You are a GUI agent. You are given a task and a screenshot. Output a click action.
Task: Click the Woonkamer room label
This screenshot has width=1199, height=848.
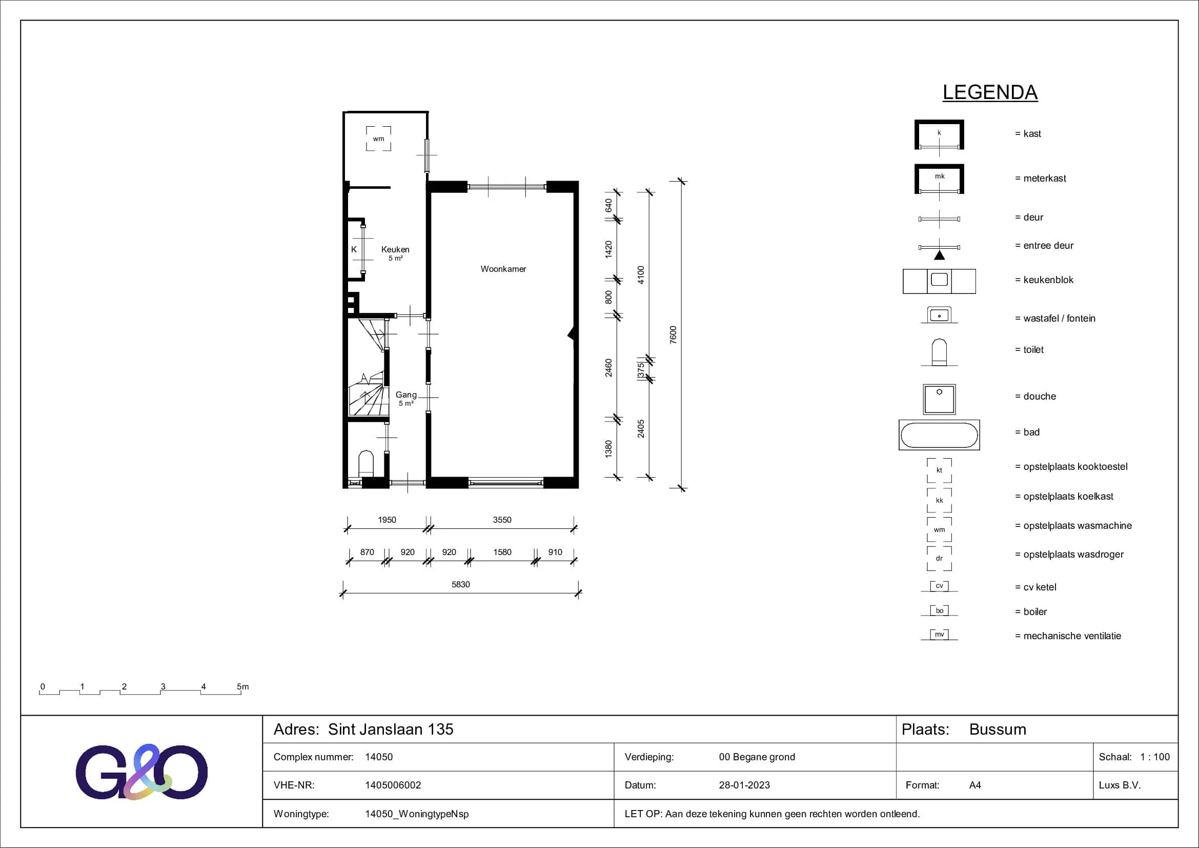503,269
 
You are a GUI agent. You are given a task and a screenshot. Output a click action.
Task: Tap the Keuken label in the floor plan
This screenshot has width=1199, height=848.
395,250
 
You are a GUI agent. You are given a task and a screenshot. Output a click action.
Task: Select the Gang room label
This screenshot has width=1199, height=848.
406,395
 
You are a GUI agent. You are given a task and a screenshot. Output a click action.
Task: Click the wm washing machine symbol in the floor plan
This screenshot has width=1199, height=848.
379,139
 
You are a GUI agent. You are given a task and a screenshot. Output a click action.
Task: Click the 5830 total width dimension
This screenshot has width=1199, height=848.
461,585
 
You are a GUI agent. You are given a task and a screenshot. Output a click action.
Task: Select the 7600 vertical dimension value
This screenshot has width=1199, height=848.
673,334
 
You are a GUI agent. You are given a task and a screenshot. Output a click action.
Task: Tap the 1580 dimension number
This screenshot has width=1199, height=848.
502,553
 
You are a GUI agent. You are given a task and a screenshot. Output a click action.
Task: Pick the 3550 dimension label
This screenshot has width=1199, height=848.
502,520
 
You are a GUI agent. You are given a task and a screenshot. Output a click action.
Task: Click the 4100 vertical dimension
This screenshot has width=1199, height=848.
641,275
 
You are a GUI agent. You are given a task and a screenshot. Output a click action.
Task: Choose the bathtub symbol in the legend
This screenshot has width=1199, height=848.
939,435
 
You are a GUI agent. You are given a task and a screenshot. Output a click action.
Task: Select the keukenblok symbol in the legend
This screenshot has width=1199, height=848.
939,281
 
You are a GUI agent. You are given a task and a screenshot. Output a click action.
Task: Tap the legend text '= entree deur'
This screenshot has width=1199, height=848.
1044,246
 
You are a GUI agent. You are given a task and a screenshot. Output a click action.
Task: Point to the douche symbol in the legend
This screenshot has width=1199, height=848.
939,399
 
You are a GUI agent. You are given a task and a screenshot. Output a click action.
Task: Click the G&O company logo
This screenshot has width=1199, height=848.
141,772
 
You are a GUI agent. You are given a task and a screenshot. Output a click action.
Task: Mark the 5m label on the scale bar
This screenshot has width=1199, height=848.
243,686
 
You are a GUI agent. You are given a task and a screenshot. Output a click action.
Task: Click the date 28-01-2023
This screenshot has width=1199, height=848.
744,785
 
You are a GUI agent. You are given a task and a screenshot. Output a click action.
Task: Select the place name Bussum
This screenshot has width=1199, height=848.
998,729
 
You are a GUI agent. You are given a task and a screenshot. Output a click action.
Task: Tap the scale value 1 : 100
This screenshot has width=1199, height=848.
1155,757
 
